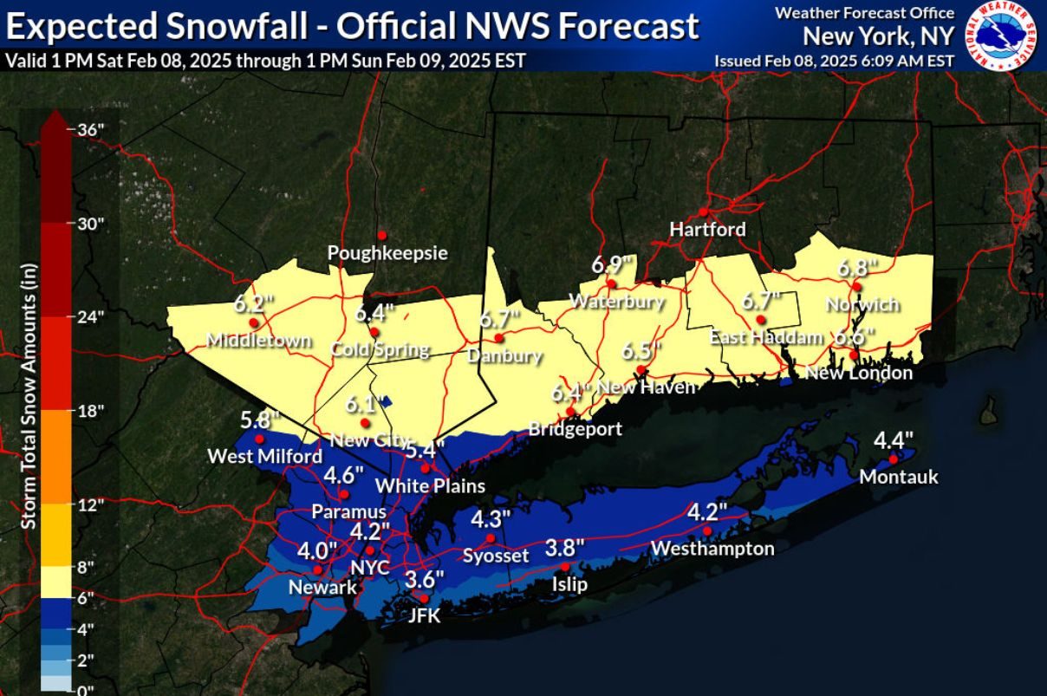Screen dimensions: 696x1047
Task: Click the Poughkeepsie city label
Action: coord(387,253)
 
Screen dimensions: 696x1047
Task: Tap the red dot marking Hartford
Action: coord(703,211)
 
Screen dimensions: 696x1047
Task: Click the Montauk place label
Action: coord(899,478)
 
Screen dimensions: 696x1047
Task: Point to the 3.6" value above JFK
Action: coord(425,578)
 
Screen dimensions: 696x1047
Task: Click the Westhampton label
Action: coord(712,549)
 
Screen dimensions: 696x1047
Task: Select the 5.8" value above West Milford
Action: coord(260,420)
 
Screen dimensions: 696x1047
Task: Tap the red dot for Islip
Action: coord(565,566)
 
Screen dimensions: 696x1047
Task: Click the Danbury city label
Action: coord(504,355)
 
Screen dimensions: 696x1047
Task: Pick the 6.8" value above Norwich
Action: coord(856,268)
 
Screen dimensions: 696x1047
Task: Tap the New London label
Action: coord(859,374)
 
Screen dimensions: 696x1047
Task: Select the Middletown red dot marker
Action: coord(253,322)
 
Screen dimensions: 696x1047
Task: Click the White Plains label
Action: coord(430,485)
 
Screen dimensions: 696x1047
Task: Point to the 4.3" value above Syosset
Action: coord(491,519)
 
